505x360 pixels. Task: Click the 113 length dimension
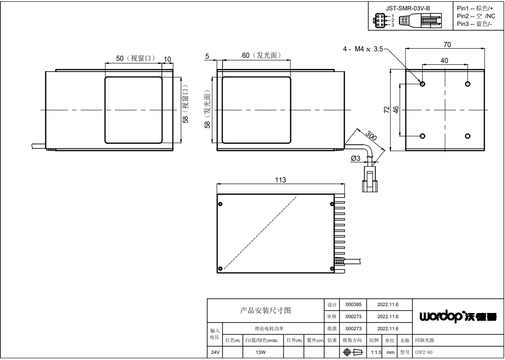280,180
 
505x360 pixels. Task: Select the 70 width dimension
447,44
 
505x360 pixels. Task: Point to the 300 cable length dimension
371,136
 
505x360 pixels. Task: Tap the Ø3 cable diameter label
356,158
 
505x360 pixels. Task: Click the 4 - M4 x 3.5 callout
363,49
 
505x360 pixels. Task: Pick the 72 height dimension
387,110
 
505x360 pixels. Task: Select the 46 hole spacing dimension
396,110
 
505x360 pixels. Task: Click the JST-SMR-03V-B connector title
408,8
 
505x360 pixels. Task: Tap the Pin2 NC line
476,16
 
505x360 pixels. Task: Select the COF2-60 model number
424,352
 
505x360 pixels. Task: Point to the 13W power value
260,352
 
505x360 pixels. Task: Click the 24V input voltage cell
215,352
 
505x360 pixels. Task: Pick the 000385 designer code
353,304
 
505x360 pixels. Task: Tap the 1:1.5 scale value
376,352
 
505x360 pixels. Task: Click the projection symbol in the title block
353,352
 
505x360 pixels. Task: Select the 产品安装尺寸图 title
265,310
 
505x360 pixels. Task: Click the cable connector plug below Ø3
370,179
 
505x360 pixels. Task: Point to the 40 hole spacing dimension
444,60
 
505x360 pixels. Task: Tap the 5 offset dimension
207,56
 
